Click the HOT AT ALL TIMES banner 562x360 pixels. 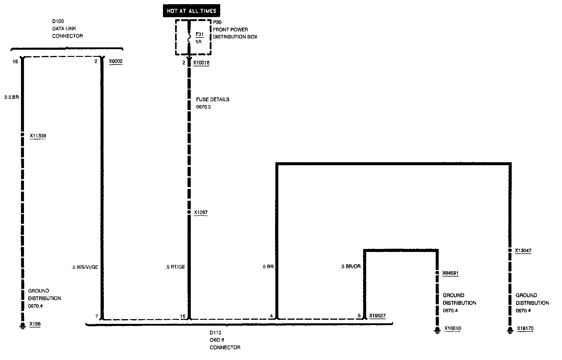point(192,11)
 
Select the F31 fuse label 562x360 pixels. point(199,34)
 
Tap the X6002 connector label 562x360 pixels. point(115,62)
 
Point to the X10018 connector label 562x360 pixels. point(201,63)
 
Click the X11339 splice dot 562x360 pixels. point(22,134)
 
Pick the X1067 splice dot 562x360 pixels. point(189,212)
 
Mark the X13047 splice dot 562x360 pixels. point(510,250)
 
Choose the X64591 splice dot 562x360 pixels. point(437,273)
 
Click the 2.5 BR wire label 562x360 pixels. point(12,97)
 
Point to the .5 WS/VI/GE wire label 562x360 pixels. point(85,267)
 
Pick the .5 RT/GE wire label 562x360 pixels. point(175,267)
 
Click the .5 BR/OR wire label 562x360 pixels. point(350,266)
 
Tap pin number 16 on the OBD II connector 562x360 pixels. point(183,316)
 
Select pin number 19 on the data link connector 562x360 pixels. point(15,62)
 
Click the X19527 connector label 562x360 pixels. point(377,316)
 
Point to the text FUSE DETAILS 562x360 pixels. point(212,99)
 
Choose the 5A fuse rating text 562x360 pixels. point(198,42)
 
